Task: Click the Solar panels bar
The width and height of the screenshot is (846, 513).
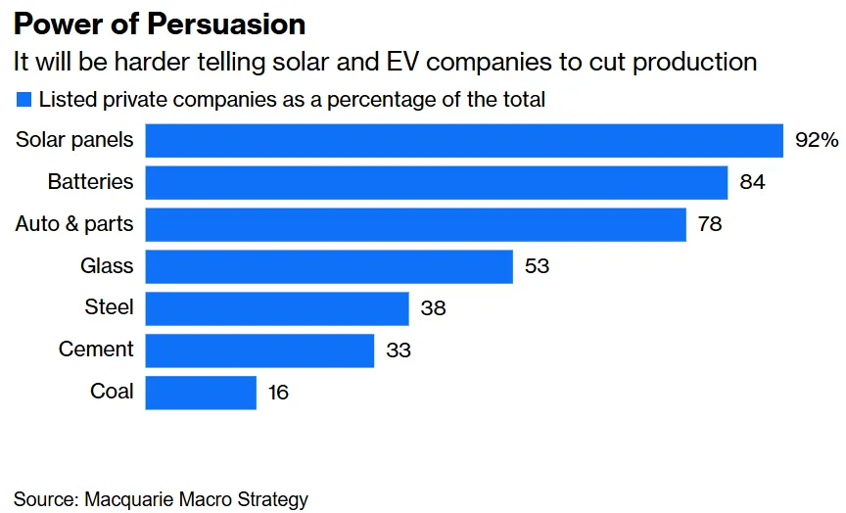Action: tap(464, 140)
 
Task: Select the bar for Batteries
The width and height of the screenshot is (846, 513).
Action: tap(437, 182)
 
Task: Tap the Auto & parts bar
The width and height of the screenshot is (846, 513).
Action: tap(416, 224)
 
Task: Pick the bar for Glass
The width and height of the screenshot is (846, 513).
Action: tap(329, 266)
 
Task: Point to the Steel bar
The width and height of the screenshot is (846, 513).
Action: tap(277, 308)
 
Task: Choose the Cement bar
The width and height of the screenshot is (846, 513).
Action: tap(259, 350)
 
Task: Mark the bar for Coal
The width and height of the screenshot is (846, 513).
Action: tap(201, 393)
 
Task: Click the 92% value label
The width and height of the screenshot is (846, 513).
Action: tap(817, 140)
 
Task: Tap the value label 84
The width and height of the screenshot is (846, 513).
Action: tap(752, 182)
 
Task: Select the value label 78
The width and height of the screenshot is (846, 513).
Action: tap(710, 224)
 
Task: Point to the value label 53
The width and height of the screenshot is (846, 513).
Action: tap(537, 266)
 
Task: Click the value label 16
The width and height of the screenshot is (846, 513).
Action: tap(277, 393)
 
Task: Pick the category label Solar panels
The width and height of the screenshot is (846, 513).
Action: tap(74, 140)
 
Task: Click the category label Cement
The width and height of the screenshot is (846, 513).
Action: tap(96, 350)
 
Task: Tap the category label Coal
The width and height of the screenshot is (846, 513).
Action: tap(112, 392)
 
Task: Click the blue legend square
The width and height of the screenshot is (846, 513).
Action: tap(23, 99)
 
